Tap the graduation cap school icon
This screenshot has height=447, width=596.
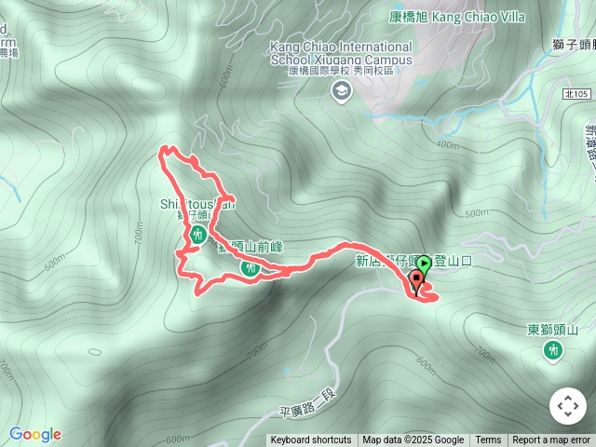click(342, 89)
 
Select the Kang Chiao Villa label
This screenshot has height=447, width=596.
click(456, 17)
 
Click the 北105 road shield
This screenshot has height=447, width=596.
click(576, 94)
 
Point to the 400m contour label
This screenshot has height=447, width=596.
click(447, 144)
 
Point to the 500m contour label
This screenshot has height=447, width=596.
click(476, 213)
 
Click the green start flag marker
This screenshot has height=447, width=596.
click(424, 264)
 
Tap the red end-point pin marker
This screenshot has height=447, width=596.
click(415, 283)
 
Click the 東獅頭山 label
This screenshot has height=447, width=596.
click(553, 330)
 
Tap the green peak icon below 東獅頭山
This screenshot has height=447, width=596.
click(553, 350)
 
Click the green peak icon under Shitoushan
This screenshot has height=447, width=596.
click(197, 237)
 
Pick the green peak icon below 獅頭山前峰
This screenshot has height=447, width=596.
click(250, 268)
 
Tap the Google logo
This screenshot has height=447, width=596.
click(35, 434)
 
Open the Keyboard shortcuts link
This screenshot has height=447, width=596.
click(311, 440)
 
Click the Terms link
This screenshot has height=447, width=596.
click(488, 440)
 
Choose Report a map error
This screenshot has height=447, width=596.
click(551, 440)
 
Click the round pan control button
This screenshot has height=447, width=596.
click(568, 406)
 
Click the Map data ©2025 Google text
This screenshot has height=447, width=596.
click(413, 440)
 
